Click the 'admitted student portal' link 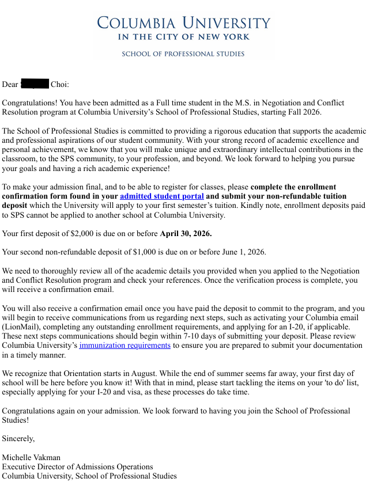point(162,196)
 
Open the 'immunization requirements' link point(124,346)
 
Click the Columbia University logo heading point(183,22)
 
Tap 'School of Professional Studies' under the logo point(183,54)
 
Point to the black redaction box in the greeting point(35,85)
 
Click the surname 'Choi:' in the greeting point(60,85)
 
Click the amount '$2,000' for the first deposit point(74,234)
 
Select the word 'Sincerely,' point(18,439)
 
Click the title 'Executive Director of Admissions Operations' point(77,466)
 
